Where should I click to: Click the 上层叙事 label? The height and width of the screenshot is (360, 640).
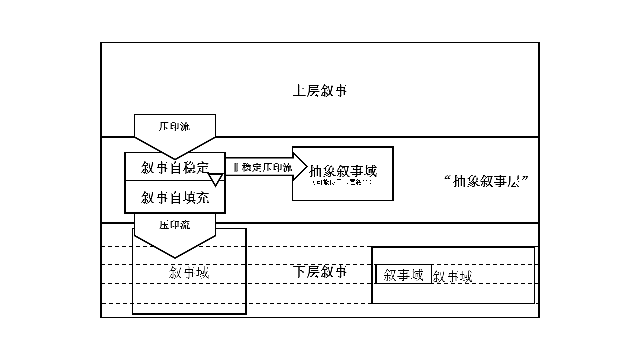click(320, 91)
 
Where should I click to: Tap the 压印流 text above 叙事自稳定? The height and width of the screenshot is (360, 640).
click(175, 127)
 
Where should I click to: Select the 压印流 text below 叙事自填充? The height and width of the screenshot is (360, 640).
click(175, 225)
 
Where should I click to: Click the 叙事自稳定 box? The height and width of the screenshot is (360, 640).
click(175, 167)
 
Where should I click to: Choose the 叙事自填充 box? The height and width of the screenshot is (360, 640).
click(175, 198)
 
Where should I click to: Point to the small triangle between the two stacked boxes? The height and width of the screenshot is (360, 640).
click(215, 179)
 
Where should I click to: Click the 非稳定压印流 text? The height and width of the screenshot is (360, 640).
click(262, 167)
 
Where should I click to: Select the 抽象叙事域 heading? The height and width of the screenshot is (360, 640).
click(343, 171)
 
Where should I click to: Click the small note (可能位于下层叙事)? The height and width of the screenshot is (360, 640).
click(343, 183)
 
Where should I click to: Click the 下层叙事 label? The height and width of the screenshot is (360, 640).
click(320, 272)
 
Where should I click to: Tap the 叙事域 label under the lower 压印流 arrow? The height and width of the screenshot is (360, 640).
click(189, 273)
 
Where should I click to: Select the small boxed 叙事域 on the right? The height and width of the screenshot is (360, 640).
click(403, 275)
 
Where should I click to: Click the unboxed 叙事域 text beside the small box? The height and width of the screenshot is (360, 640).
click(452, 277)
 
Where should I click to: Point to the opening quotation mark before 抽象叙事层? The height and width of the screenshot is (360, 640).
click(447, 179)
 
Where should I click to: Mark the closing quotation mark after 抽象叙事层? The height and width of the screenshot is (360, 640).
click(525, 179)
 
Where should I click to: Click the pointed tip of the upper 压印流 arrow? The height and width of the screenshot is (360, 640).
click(175, 158)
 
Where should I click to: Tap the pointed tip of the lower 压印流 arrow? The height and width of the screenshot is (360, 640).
click(175, 257)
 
